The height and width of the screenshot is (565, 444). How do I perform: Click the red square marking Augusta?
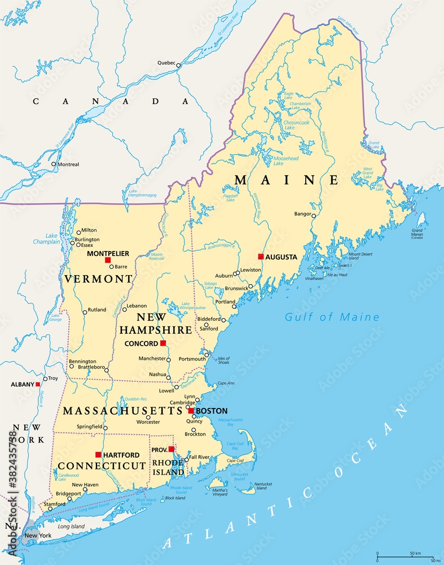pos(261,257)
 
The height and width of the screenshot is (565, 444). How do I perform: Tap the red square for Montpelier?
pos(108,260)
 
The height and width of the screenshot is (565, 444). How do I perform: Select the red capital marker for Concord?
pos(163,343)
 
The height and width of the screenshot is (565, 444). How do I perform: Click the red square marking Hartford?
pos(98,454)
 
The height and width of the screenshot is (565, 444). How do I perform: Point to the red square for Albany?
pos(38,384)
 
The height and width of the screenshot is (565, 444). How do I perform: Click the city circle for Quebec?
pos(178,66)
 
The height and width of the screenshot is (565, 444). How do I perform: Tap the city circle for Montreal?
pos(54,164)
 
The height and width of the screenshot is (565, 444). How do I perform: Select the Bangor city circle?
pos(314,215)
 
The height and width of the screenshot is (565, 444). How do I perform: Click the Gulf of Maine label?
pos(332,317)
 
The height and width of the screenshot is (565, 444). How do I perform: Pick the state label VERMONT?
pos(99,279)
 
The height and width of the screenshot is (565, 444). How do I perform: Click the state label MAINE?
pos(287,180)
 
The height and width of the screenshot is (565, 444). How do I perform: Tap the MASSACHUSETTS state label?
pos(123,411)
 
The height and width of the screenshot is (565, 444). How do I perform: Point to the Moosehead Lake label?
pos(285,161)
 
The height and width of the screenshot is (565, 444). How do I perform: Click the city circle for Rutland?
pos(85,312)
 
